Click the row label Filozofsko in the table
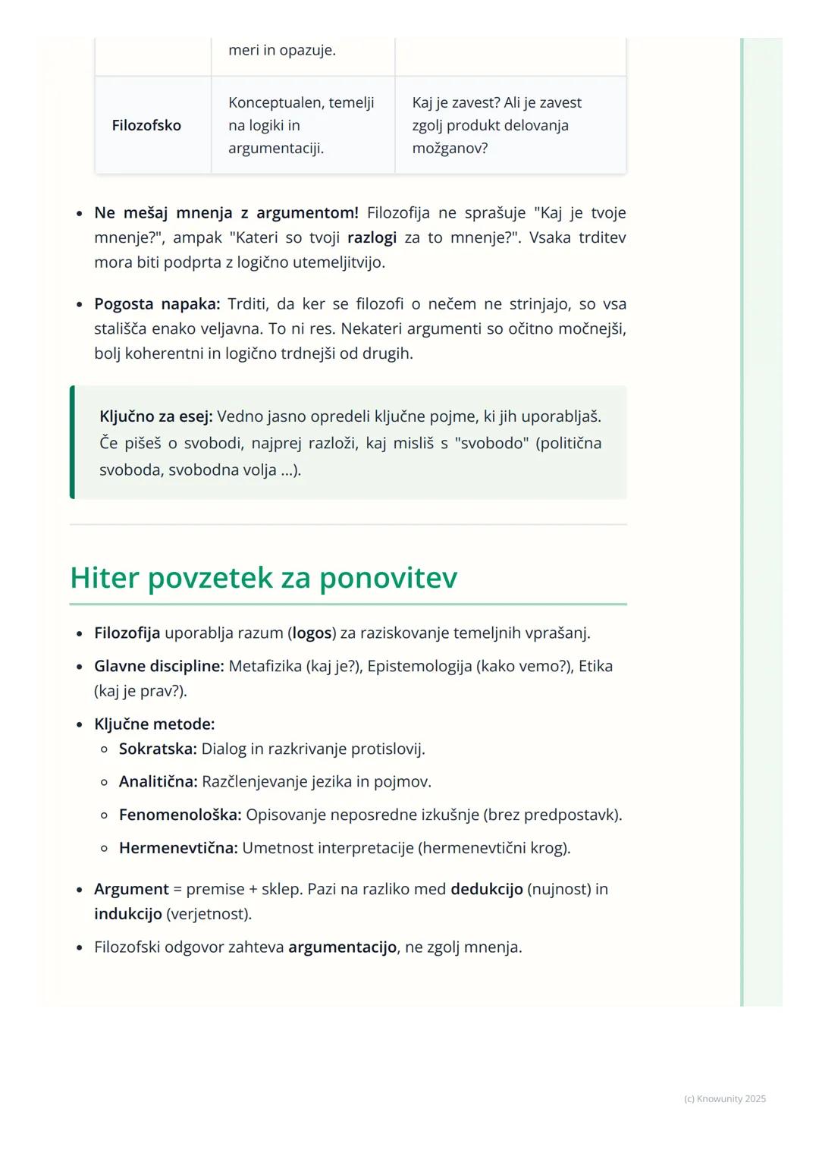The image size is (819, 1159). (146, 125)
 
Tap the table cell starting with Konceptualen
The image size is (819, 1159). (301, 125)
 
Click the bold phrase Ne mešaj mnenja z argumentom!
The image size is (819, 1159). (226, 213)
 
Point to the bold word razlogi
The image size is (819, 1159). (372, 238)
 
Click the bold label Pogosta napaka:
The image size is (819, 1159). (157, 304)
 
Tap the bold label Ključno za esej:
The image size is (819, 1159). (156, 416)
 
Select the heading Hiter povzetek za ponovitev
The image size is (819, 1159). (263, 578)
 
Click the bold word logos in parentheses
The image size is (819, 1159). (312, 633)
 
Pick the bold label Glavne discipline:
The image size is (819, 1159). (159, 667)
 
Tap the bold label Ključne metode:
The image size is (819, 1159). (155, 724)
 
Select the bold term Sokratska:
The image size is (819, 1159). (158, 749)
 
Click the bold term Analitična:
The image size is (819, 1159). (158, 782)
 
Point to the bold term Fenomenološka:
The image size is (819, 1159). (180, 815)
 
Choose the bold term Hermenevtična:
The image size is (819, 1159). (178, 848)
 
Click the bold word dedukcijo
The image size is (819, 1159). (486, 889)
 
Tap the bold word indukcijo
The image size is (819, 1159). (127, 914)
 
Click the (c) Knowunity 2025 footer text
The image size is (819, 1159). (724, 1099)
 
